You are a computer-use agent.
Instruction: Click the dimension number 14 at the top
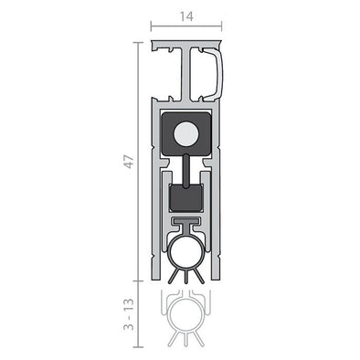click(x=186, y=14)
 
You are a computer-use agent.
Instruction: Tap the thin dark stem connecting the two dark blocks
click(x=186, y=169)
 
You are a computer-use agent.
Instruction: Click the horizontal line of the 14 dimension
click(x=186, y=26)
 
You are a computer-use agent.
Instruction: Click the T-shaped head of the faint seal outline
click(x=186, y=299)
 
